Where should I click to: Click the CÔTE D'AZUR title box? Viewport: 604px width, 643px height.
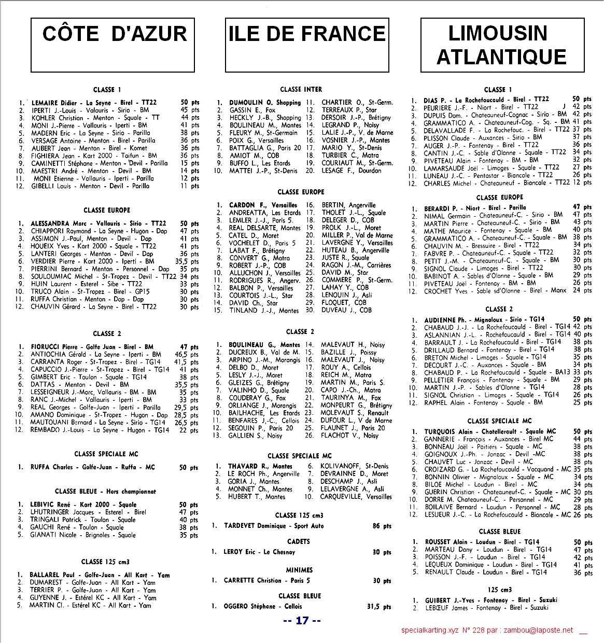[113, 45]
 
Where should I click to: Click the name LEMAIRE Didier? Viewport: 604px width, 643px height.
[54, 103]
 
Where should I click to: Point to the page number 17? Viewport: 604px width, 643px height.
[302, 621]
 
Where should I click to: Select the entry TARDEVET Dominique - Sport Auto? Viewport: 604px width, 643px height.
[274, 526]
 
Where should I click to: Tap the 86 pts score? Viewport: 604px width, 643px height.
[382, 526]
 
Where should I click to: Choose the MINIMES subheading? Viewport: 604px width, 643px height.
[299, 570]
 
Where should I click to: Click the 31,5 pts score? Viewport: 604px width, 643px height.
[379, 606]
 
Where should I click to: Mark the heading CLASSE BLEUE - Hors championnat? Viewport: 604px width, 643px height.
[105, 491]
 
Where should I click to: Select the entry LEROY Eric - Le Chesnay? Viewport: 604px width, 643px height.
[259, 552]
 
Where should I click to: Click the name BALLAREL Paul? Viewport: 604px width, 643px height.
[52, 575]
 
